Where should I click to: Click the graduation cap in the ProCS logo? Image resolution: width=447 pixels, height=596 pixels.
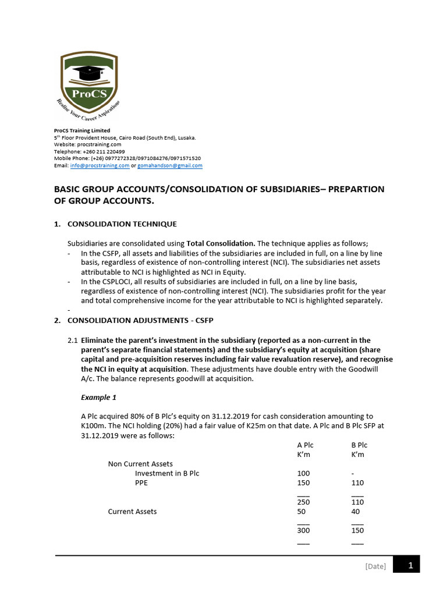[89, 73]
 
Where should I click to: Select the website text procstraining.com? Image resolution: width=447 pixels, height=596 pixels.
[102, 144]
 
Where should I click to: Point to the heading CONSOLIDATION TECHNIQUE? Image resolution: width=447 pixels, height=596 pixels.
[122, 224]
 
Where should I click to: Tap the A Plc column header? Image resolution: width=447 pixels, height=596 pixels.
[305, 445]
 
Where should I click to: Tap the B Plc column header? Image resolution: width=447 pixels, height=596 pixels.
[359, 445]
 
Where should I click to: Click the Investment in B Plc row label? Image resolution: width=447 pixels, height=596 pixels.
[167, 474]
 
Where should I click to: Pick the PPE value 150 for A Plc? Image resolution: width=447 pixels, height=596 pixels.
[303, 483]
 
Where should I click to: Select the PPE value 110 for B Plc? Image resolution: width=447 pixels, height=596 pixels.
[357, 483]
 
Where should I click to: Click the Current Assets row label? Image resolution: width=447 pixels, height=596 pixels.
[132, 512]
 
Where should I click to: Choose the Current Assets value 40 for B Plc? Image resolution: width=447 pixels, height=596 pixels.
[356, 512]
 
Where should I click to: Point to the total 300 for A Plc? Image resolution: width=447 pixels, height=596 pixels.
[303, 531]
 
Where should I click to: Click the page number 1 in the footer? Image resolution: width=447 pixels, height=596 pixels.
[410, 565]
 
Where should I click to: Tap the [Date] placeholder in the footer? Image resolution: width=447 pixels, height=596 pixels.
[375, 566]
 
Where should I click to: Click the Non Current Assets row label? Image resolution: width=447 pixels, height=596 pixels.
[140, 464]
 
